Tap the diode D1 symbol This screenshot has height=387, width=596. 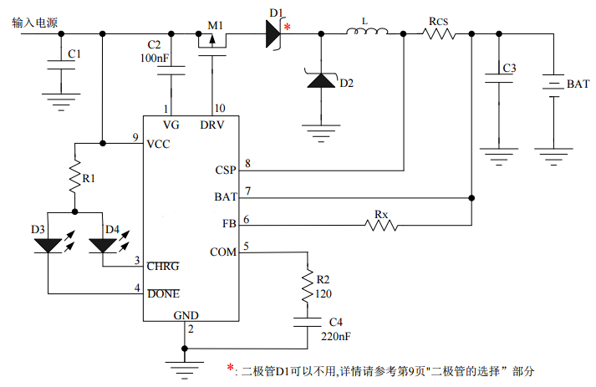click(273, 33)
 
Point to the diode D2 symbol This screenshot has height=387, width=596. click(320, 81)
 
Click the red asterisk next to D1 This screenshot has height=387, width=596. click(288, 28)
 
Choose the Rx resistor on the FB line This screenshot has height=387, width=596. click(381, 223)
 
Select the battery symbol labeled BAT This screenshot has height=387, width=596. click(553, 84)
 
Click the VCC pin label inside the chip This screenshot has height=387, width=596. click(159, 143)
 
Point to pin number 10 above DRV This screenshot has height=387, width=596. click(220, 109)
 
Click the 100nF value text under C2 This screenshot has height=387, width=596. click(155, 59)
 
